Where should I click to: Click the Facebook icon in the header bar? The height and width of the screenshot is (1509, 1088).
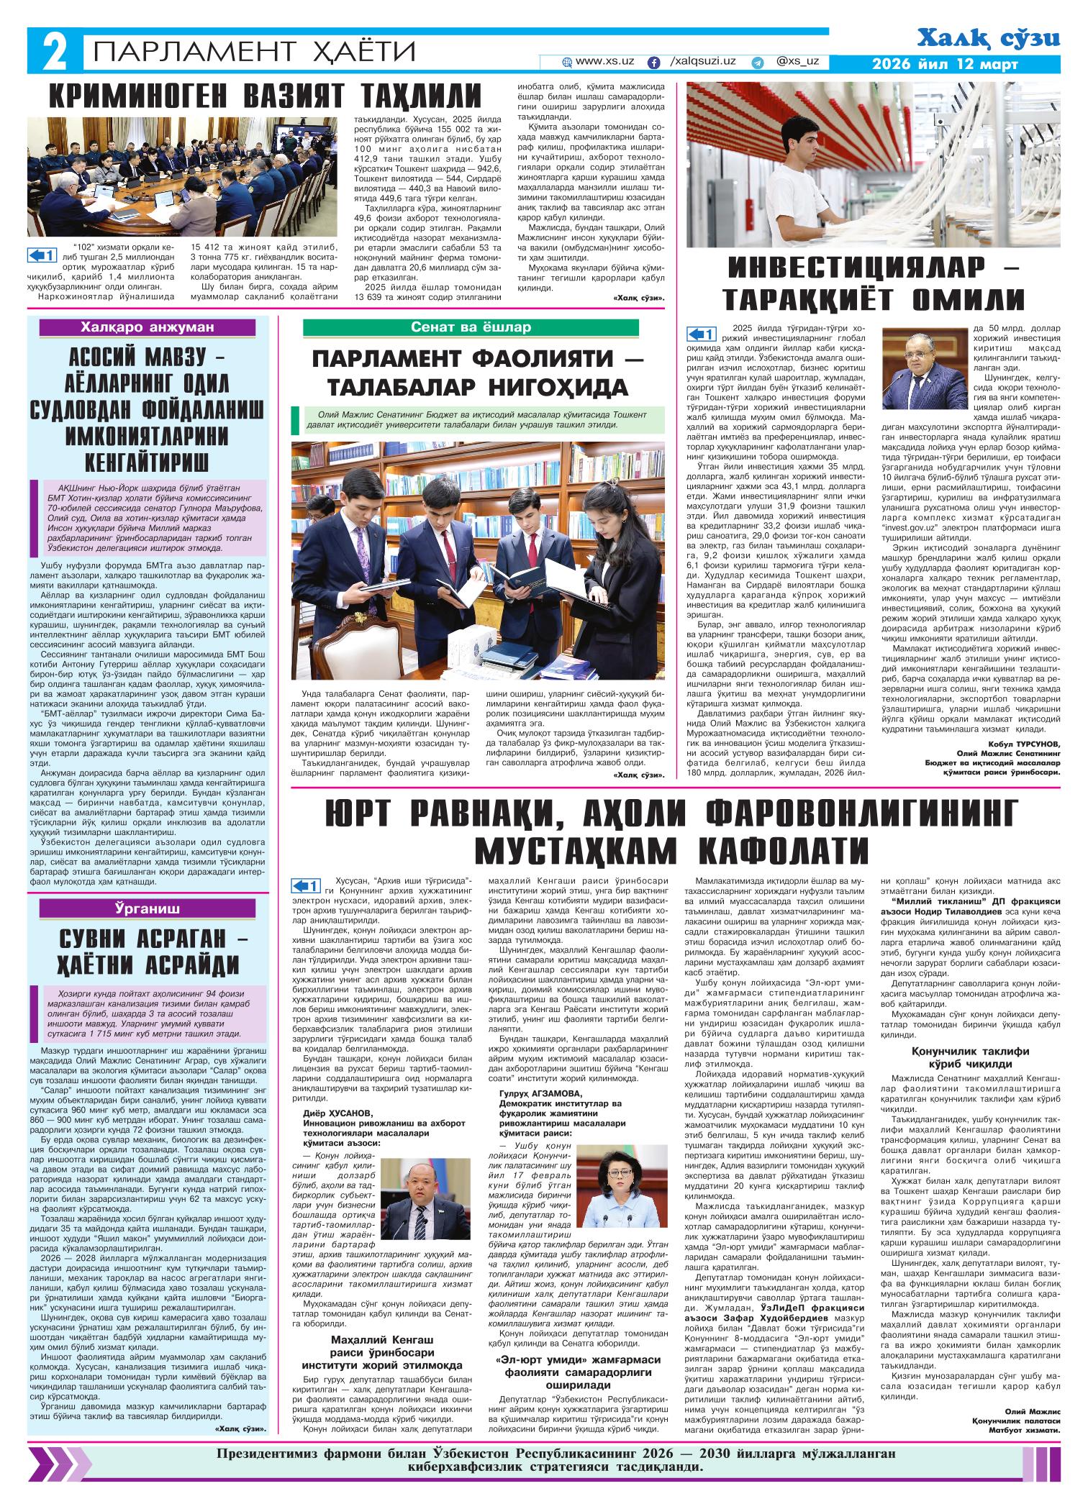[654, 63]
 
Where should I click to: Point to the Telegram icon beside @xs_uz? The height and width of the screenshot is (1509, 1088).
[757, 63]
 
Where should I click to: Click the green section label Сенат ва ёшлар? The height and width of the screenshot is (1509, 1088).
[471, 328]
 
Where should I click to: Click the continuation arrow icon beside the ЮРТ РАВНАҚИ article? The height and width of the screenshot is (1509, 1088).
[304, 885]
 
